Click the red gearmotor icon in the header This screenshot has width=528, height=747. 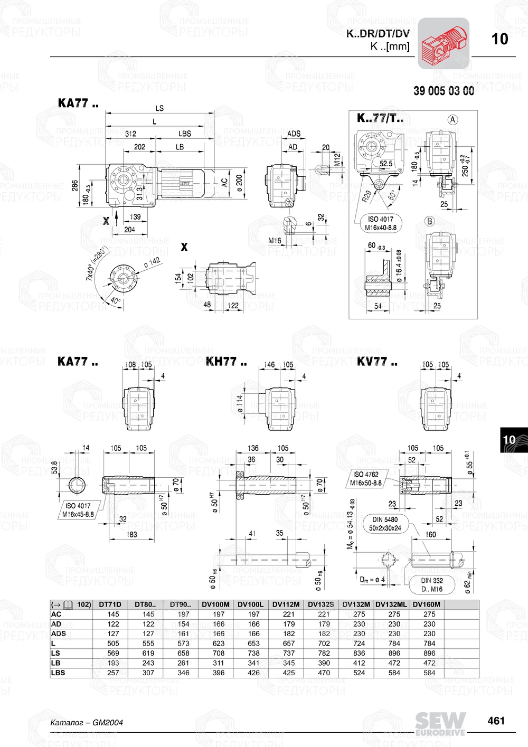click(x=444, y=43)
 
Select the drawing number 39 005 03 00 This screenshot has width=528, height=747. click(x=444, y=91)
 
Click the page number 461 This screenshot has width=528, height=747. click(x=496, y=721)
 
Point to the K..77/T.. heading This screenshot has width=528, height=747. click(x=380, y=118)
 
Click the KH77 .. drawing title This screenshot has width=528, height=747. click(x=226, y=362)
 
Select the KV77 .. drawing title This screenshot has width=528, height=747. click(x=377, y=362)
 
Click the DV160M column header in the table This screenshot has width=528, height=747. click(x=426, y=604)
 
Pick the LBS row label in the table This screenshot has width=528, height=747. click(x=58, y=673)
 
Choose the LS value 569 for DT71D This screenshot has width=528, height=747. click(x=114, y=653)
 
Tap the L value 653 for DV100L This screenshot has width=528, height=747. click(x=254, y=644)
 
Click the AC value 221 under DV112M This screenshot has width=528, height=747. click(x=289, y=614)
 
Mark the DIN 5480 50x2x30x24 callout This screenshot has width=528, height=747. click(x=385, y=524)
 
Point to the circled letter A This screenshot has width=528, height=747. click(x=452, y=119)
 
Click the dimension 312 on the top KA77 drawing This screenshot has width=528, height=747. click(x=130, y=134)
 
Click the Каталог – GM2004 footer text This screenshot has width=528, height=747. click(x=86, y=722)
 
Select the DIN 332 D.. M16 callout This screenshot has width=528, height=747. click(x=432, y=584)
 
